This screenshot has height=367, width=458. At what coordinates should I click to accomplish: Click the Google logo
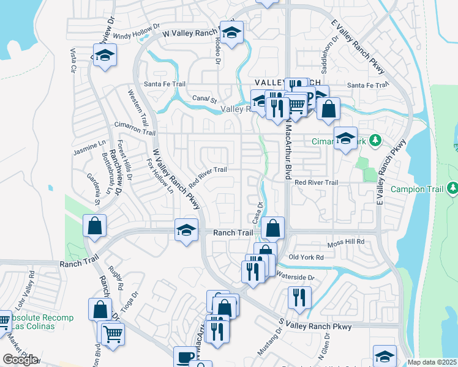20,360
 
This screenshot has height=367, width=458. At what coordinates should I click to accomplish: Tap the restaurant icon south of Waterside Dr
299,297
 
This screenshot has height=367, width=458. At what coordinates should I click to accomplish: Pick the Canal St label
205,98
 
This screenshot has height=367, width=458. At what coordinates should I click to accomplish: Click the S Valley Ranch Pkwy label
315,327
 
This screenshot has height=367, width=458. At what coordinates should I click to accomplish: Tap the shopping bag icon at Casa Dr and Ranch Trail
273,229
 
